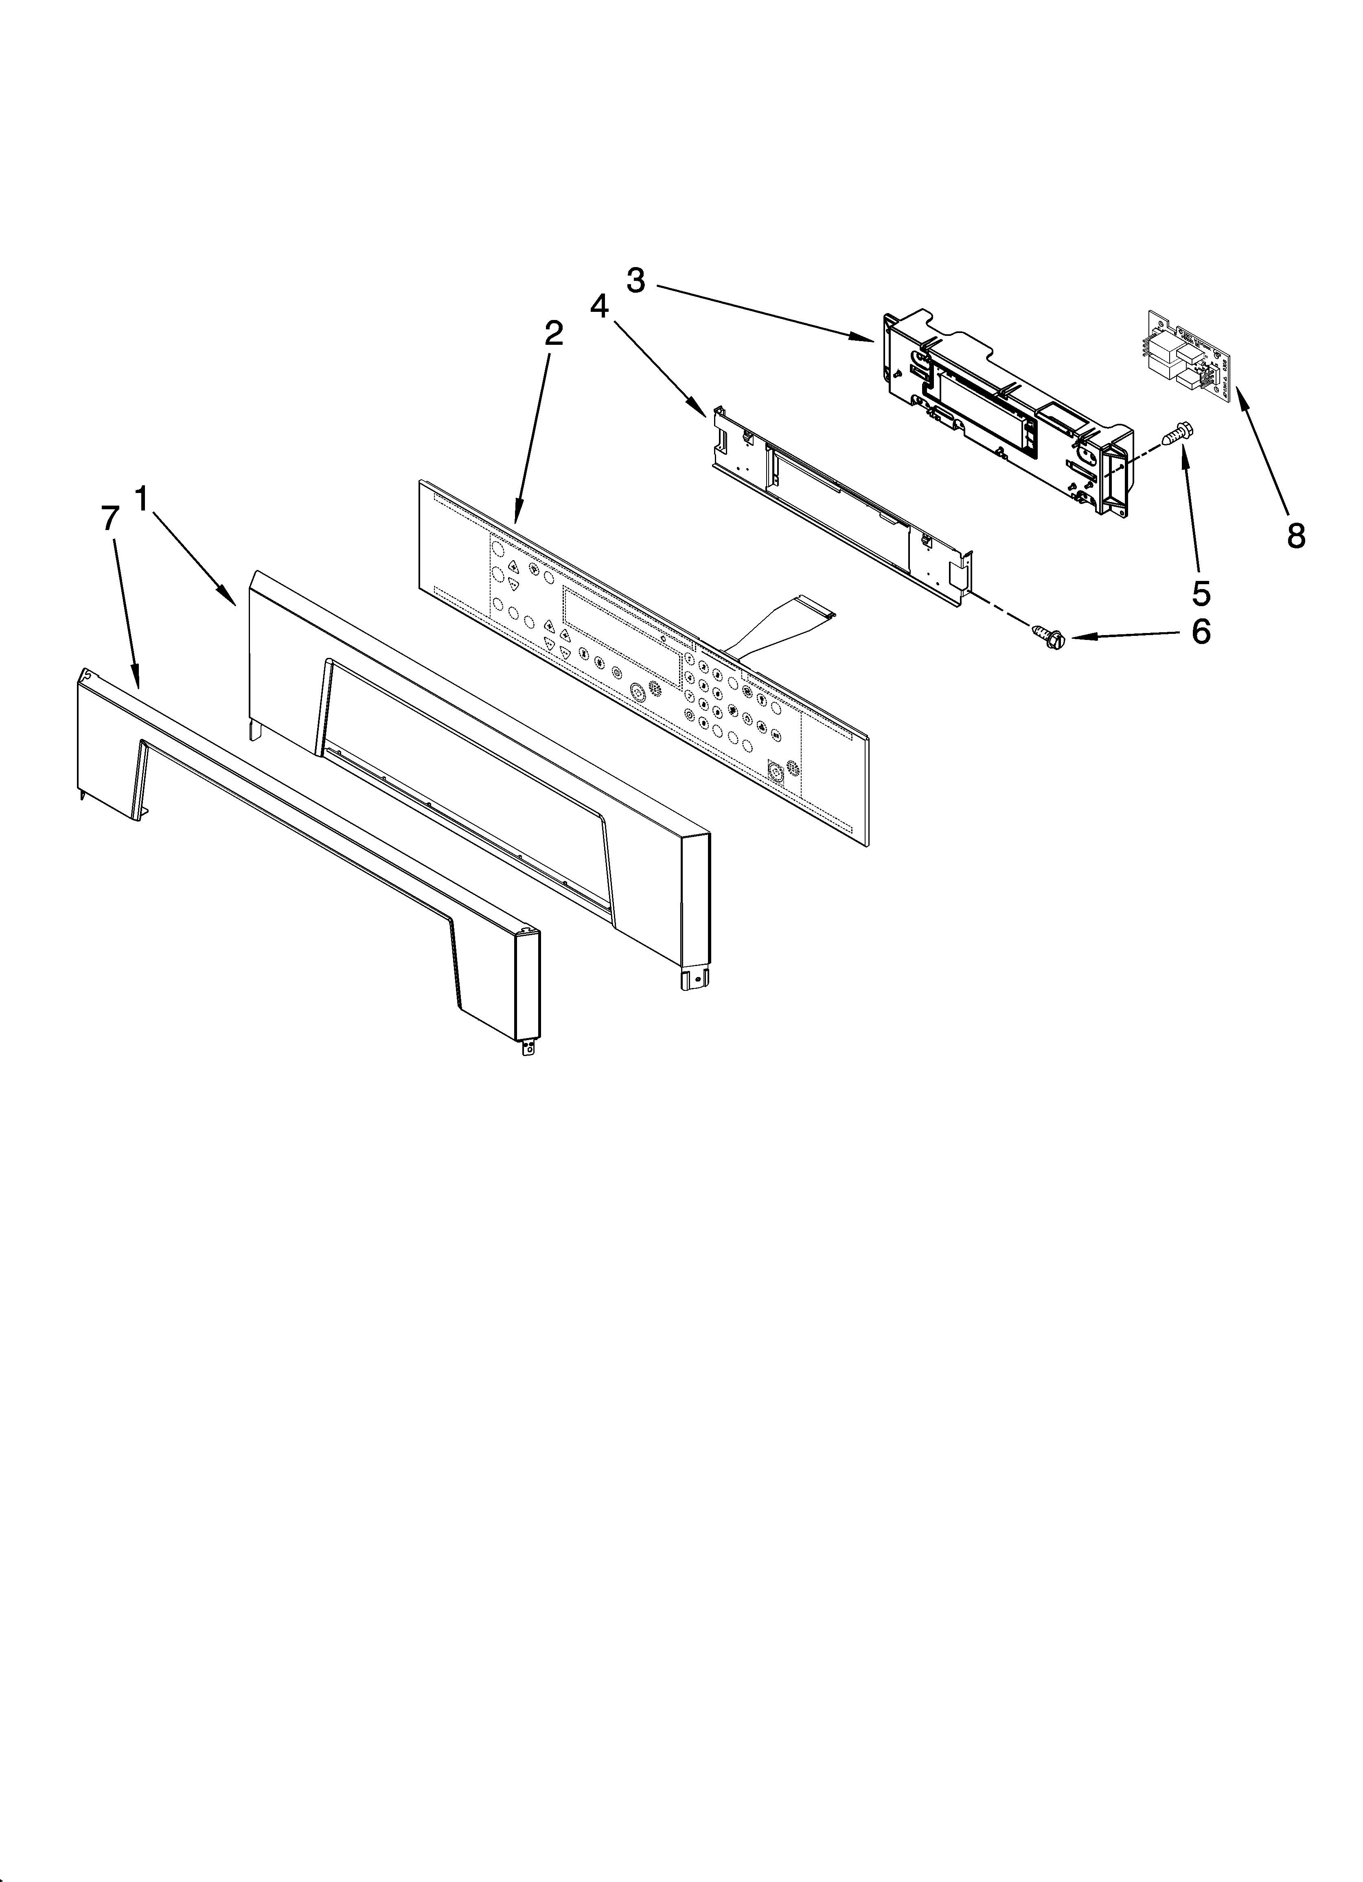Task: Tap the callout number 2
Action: coord(554,334)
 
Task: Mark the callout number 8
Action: coord(1296,536)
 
